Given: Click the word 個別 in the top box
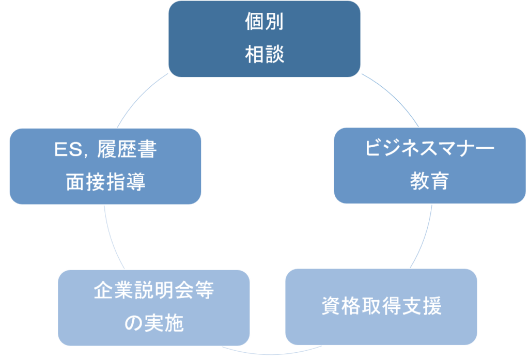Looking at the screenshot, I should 264,23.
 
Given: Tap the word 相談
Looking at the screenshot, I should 264,54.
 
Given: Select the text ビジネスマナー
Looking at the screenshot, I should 429,150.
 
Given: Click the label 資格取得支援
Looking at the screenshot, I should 381,306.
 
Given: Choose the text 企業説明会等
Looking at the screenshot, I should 154,292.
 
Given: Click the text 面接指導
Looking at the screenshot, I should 105,182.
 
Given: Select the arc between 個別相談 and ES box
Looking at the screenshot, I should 137,101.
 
